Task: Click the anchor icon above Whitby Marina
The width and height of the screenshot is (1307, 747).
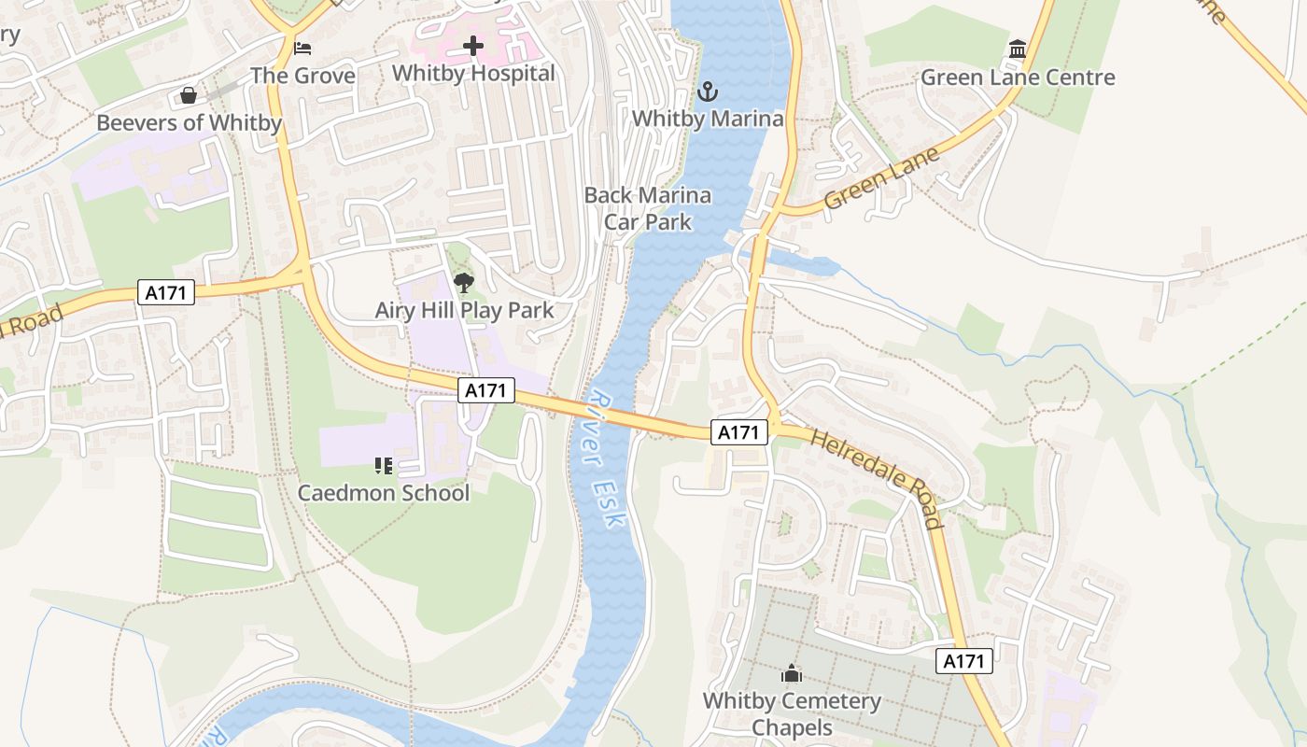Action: (708, 92)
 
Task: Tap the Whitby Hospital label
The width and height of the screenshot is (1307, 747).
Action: (473, 73)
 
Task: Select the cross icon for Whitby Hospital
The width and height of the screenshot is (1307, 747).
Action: (473, 45)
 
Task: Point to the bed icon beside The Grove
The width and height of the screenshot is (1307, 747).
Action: (302, 48)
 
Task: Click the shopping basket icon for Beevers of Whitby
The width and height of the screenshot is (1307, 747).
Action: (188, 95)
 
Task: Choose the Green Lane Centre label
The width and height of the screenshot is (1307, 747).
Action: (1018, 78)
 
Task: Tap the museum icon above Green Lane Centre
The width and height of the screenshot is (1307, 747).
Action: (1018, 49)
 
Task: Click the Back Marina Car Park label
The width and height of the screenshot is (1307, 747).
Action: (648, 208)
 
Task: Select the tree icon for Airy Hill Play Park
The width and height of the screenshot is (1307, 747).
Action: (463, 282)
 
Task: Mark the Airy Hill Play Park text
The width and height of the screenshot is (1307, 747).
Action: (464, 310)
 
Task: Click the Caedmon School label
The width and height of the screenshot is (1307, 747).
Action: (384, 492)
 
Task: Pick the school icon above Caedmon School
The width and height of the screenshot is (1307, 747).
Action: (383, 464)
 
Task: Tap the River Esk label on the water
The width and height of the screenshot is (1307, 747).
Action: (604, 459)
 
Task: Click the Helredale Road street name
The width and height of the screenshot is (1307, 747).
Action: (877, 479)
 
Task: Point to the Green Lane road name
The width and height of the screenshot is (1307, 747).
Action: (881, 179)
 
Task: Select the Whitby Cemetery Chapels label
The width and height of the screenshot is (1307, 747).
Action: (792, 713)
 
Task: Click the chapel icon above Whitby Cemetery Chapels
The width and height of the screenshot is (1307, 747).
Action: (792, 673)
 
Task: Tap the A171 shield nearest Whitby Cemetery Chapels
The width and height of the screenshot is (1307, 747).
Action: (963, 661)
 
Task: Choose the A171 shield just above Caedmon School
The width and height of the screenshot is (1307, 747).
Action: (486, 390)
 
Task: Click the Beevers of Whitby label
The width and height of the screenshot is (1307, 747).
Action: (189, 123)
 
